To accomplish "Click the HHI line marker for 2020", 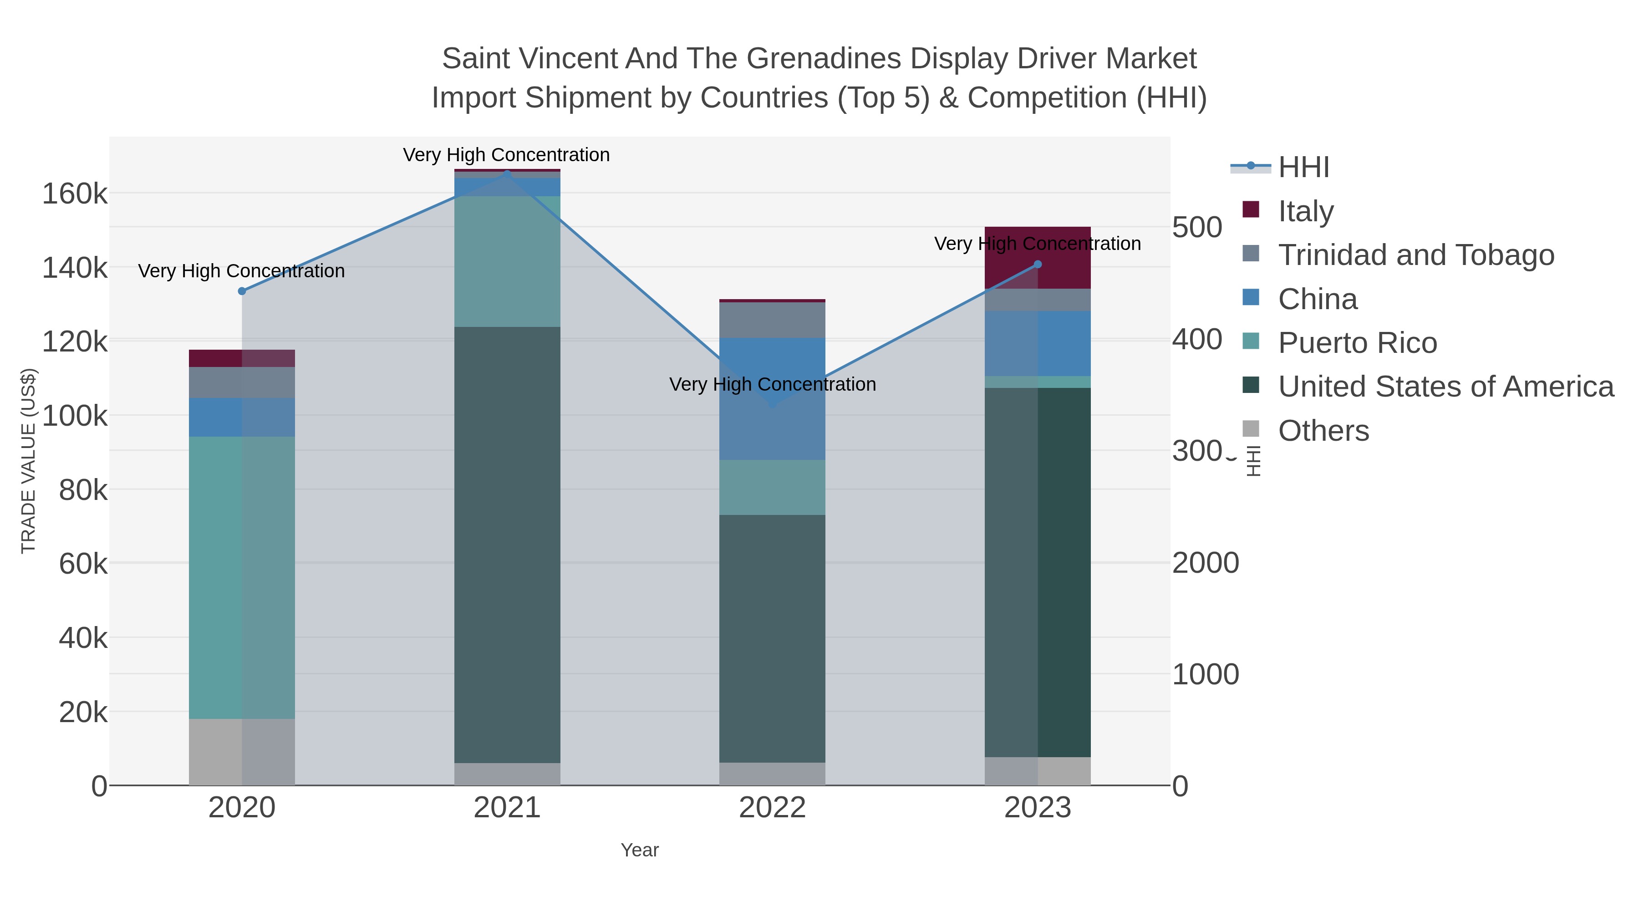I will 242,291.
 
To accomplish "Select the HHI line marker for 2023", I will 1038,265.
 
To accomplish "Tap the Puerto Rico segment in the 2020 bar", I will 242,577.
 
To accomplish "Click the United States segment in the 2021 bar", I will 507,545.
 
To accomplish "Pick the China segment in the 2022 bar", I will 773,399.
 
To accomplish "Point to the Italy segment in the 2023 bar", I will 1038,257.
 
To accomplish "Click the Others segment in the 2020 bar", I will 242,752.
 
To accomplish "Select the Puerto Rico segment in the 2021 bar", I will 507,261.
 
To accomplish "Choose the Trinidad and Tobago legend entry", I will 1415,255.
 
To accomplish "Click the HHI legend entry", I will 1303,168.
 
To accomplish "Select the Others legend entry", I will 1323,431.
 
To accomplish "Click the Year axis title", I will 640,850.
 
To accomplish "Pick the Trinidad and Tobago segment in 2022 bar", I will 773,320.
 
